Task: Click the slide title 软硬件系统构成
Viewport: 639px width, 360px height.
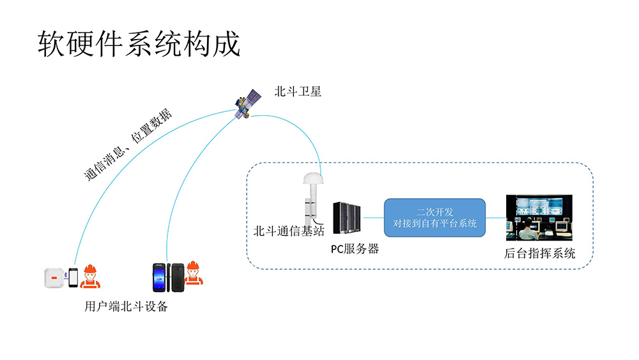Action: pyautogui.click(x=139, y=43)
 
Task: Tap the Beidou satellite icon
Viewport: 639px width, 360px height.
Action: pyautogui.click(x=248, y=104)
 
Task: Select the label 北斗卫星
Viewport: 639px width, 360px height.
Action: pyautogui.click(x=298, y=91)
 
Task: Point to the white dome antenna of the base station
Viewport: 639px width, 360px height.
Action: pyautogui.click(x=313, y=178)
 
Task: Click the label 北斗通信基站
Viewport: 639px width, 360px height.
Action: pyautogui.click(x=289, y=231)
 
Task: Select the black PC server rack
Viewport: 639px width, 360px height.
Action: pyautogui.click(x=347, y=217)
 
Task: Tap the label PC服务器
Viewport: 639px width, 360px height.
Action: pyautogui.click(x=355, y=249)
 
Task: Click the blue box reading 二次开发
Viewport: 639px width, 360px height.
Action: pyautogui.click(x=435, y=217)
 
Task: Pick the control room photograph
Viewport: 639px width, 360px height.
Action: pyautogui.click(x=539, y=217)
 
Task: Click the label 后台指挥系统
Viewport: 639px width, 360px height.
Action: pyautogui.click(x=539, y=253)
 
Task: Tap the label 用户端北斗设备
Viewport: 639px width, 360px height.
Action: pyautogui.click(x=126, y=306)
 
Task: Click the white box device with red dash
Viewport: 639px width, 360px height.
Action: pyautogui.click(x=54, y=278)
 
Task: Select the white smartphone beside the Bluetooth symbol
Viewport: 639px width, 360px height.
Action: pyautogui.click(x=73, y=278)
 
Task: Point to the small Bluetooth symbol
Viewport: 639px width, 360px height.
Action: pyautogui.click(x=66, y=276)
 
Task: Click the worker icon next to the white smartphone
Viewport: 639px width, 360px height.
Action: pyautogui.click(x=90, y=276)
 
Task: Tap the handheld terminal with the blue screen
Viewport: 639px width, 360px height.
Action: pyautogui.click(x=159, y=278)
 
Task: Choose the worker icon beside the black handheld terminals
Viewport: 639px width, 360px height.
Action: pyautogui.click(x=193, y=273)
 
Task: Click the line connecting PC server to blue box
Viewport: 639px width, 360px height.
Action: pyautogui.click(x=373, y=217)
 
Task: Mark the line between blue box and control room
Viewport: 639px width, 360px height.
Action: pyautogui.click(x=496, y=217)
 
